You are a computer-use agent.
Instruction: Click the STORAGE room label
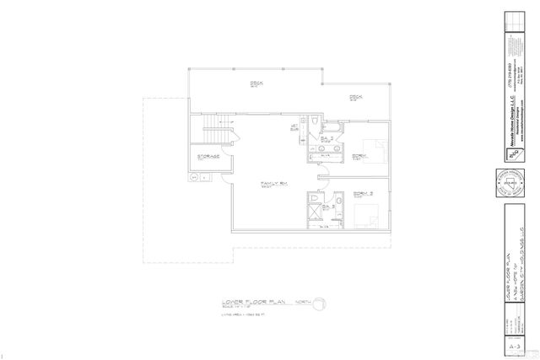click(209, 156)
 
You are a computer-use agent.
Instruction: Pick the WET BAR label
click(296, 128)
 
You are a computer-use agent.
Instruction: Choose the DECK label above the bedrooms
click(355, 97)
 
